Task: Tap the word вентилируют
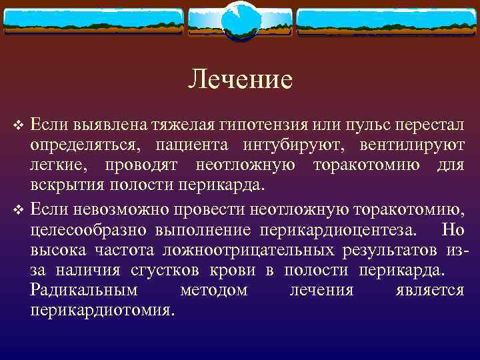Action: [x=411, y=145]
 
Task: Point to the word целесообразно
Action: [x=84, y=230]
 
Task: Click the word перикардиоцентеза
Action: [x=339, y=230]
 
